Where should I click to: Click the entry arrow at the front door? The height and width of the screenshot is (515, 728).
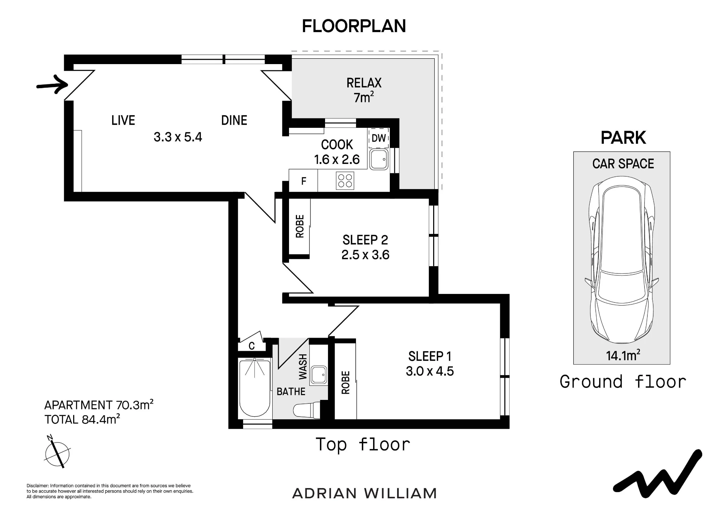click(x=53, y=85)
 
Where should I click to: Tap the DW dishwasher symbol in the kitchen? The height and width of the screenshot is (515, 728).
click(x=379, y=138)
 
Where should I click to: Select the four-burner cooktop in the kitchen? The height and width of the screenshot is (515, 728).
click(x=345, y=181)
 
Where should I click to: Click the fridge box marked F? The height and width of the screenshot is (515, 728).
click(x=303, y=181)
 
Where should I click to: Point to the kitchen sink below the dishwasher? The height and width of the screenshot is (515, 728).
click(x=379, y=160)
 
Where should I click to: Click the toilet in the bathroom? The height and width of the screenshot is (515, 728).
click(x=306, y=409)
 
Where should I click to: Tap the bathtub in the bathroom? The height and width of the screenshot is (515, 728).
click(x=255, y=388)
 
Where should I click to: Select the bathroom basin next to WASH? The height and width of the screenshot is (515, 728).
click(x=318, y=376)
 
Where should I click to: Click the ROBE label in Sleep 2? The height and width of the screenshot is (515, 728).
click(x=300, y=226)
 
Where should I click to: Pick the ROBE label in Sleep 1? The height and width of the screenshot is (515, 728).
click(x=345, y=382)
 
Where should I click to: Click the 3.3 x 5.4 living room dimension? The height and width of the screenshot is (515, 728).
click(x=178, y=137)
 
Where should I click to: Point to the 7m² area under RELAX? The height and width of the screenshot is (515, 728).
click(x=364, y=97)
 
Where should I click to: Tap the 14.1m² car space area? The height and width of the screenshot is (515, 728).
click(x=623, y=355)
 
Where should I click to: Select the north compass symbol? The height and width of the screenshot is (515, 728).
click(x=57, y=452)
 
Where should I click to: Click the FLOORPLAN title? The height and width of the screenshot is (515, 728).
click(x=354, y=26)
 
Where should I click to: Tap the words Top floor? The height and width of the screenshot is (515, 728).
click(x=363, y=444)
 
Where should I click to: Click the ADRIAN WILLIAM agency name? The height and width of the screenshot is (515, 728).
click(x=364, y=494)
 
